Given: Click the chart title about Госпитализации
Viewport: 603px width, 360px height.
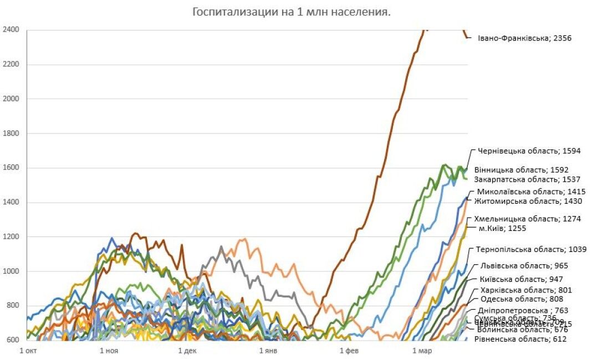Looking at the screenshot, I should (291, 12).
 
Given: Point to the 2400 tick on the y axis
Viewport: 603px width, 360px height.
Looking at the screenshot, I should (11, 30).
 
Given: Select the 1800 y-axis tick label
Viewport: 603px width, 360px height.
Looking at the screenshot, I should (11, 133).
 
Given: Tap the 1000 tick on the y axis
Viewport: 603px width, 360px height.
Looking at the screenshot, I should (11, 271).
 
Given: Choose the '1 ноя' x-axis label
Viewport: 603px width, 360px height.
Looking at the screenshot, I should (109, 351).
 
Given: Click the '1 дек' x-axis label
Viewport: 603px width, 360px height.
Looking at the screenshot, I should (188, 351).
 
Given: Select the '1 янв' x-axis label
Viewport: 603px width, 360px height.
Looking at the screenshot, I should (268, 351).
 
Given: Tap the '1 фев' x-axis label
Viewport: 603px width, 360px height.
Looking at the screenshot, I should (349, 351).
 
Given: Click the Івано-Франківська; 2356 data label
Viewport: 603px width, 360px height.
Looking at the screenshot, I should (524, 39).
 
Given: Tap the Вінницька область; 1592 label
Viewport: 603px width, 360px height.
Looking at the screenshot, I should (521, 169).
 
